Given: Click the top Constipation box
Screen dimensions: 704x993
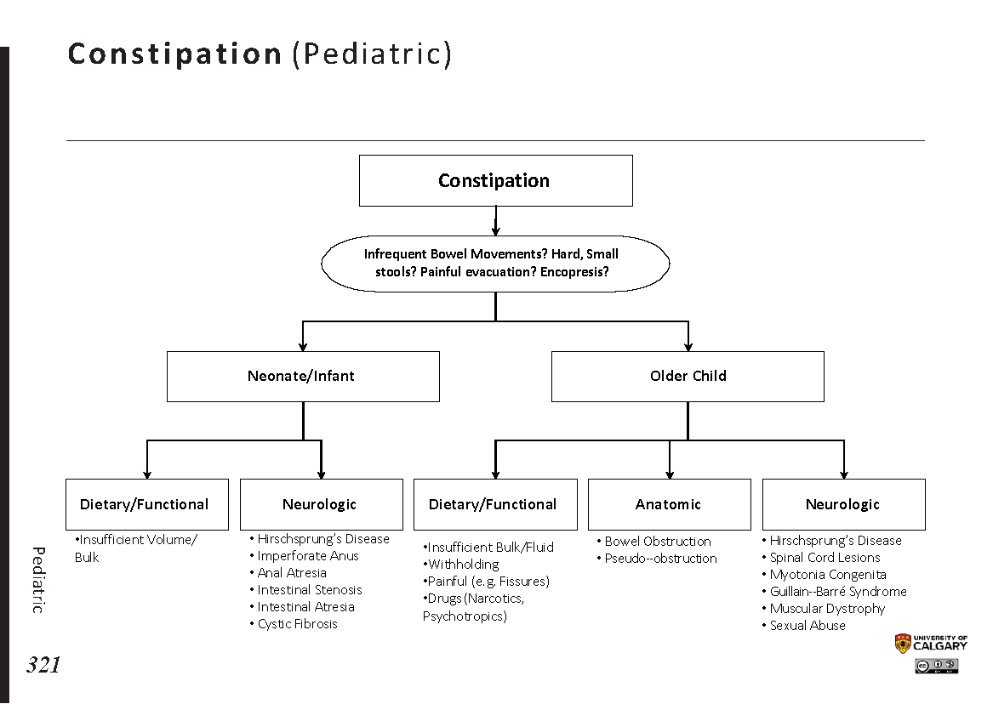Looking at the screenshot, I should click(x=495, y=180).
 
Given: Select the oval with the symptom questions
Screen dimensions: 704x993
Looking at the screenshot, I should click(x=495, y=263).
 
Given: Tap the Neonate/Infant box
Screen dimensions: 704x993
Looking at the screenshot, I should click(x=303, y=376).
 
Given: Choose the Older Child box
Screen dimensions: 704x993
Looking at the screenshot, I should click(x=688, y=376).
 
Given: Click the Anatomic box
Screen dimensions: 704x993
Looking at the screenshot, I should click(x=669, y=504).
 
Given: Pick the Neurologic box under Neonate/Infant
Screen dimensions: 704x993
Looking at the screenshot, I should click(x=321, y=504).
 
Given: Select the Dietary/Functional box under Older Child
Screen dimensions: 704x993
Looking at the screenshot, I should click(x=494, y=504).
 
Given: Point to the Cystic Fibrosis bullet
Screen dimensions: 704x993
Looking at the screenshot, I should click(x=298, y=624).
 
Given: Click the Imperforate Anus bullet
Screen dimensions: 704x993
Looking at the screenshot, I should click(x=308, y=556).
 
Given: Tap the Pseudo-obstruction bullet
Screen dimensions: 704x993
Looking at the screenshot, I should click(x=660, y=559).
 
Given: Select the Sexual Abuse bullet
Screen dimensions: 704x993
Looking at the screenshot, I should click(x=808, y=626).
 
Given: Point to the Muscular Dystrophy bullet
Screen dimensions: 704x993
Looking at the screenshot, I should click(x=827, y=609).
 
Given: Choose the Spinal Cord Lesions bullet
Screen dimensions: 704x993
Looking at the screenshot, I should click(x=825, y=558).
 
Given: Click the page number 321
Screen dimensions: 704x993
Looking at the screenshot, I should click(x=43, y=665).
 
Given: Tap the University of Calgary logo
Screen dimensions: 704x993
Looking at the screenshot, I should click(x=931, y=644).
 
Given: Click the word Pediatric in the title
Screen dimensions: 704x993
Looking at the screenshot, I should click(x=373, y=54).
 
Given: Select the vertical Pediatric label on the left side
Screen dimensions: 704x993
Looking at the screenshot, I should click(x=38, y=579).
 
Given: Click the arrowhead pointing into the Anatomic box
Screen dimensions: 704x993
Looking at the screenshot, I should click(x=670, y=474).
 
